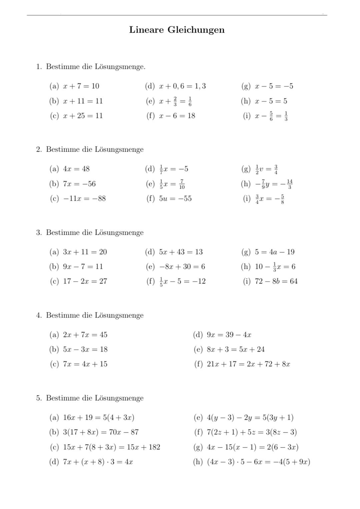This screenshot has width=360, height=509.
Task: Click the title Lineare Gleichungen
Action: pyautogui.click(x=177, y=30)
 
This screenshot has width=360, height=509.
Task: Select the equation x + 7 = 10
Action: pyautogui.click(x=81, y=86)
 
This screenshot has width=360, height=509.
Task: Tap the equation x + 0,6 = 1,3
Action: pyautogui.click(x=182, y=86)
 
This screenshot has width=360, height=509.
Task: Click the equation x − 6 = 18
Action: pyautogui.click(x=177, y=116)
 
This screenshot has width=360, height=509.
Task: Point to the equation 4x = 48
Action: pyautogui.click(x=76, y=169)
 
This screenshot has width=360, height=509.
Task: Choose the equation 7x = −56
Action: pyautogui.click(x=79, y=184)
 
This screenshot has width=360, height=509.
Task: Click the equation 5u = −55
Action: pyautogui.click(x=175, y=198)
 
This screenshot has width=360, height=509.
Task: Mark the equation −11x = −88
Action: pyautogui.click(x=84, y=198)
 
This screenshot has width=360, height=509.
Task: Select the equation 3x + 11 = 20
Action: pyautogui.click(x=85, y=252)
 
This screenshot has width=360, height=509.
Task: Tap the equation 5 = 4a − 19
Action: pyautogui.click(x=275, y=252)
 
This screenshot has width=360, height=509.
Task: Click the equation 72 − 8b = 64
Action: pyautogui.click(x=276, y=281)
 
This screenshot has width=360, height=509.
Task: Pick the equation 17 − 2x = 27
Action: pyautogui.click(x=85, y=281)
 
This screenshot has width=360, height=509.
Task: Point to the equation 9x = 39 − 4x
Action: pyautogui.click(x=229, y=335)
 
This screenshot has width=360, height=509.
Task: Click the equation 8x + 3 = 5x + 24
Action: pyautogui.click(x=236, y=349)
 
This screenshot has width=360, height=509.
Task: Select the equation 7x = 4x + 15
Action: pyautogui.click(x=85, y=364)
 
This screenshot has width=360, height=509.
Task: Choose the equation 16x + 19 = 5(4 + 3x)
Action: pyautogui.click(x=99, y=417)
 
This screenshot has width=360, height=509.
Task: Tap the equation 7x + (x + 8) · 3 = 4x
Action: pyautogui.click(x=98, y=462)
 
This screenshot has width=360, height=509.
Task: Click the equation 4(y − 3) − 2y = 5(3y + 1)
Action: pyautogui.click(x=250, y=417)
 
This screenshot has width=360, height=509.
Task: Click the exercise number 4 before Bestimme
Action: pyautogui.click(x=38, y=315)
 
